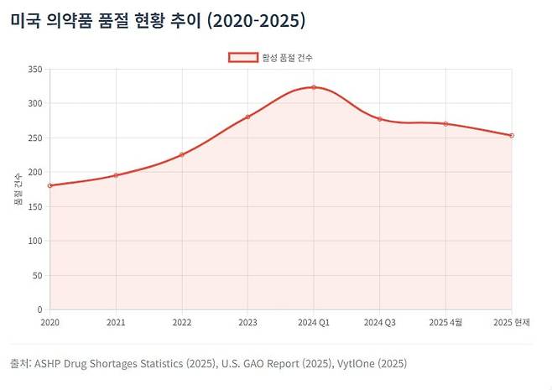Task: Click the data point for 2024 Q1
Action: (314, 87)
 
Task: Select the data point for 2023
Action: (247, 117)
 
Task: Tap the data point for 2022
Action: (182, 154)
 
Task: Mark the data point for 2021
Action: (116, 175)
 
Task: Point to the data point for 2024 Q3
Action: (380, 119)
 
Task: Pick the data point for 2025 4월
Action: (445, 124)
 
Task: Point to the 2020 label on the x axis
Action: (50, 322)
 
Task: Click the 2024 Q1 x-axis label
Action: (314, 322)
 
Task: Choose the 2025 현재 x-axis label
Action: (511, 322)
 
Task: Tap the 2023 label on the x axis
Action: (247, 322)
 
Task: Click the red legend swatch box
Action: (242, 57)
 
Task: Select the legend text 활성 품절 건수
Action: (287, 57)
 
